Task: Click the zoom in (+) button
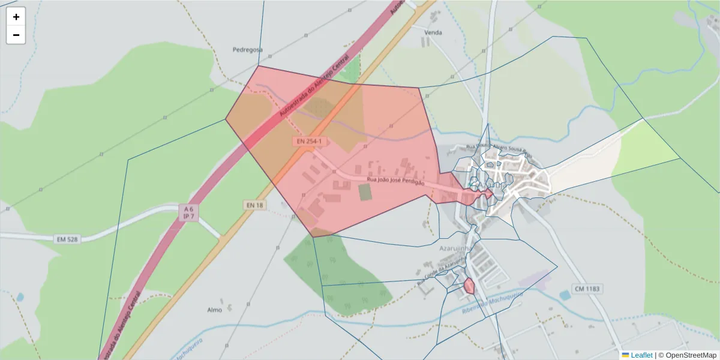pyautogui.click(x=16, y=17)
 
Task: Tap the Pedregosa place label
pyautogui.click(x=248, y=50)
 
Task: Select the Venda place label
pyautogui.click(x=433, y=32)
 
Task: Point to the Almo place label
pyautogui.click(x=214, y=310)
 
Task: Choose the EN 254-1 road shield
pyautogui.click(x=309, y=141)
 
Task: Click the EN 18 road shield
pyautogui.click(x=254, y=205)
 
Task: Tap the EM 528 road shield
pyautogui.click(x=68, y=239)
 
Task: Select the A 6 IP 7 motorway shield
pyautogui.click(x=188, y=212)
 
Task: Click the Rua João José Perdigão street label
pyautogui.click(x=395, y=181)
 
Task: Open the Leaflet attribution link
pyautogui.click(x=641, y=355)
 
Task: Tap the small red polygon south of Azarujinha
pyautogui.click(x=469, y=286)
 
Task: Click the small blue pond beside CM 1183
pyautogui.click(x=565, y=295)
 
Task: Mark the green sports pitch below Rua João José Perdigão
pyautogui.click(x=365, y=192)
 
